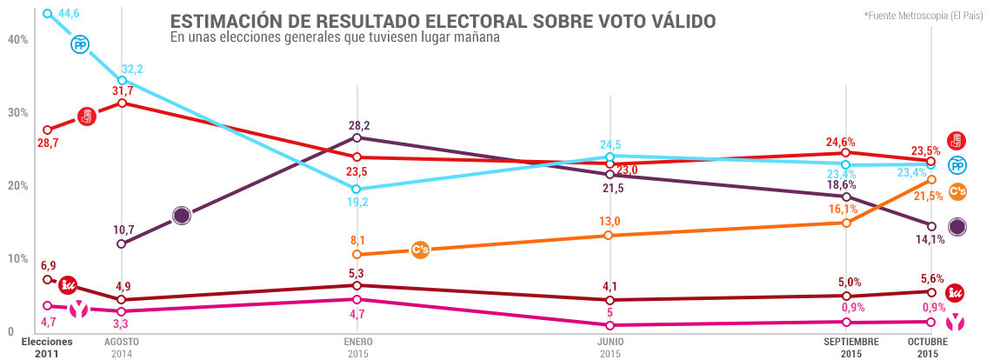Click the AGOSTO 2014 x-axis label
coord(122,348)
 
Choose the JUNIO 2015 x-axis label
coord(610,348)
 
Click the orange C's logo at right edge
coord(957,192)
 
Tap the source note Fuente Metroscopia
coord(923,17)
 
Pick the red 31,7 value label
coord(123,90)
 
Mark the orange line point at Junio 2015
coord(610,236)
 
